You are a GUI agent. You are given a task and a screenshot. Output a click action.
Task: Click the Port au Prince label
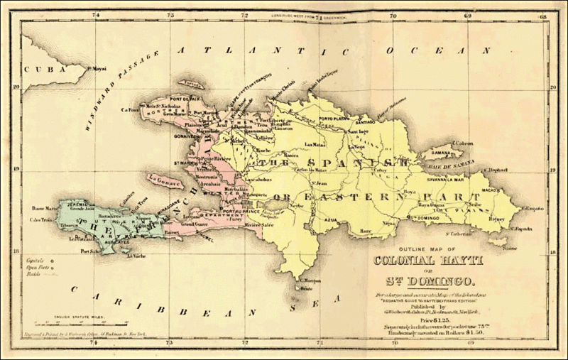tap(239, 211)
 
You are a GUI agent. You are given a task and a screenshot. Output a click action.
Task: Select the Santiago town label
tap(377, 121)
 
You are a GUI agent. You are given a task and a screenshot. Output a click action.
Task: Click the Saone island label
tap(506, 248)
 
